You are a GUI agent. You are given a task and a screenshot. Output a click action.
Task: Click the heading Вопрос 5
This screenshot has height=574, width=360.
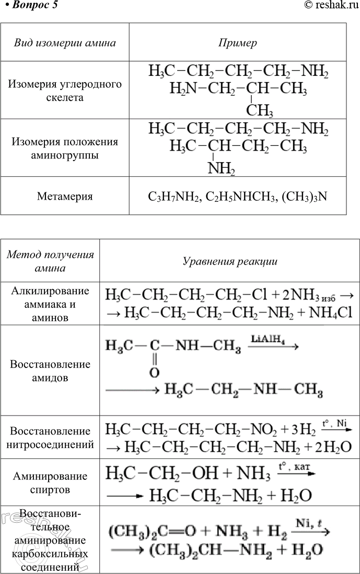[32, 5]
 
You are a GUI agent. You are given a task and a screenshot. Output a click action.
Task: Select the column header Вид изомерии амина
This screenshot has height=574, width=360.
[65, 43]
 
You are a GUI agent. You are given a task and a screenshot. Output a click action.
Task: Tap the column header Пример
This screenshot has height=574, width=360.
[237, 43]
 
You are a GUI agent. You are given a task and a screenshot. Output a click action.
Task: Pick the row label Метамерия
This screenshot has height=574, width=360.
[65, 196]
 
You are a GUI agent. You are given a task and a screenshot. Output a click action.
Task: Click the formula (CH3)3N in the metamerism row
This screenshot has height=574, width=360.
[305, 197]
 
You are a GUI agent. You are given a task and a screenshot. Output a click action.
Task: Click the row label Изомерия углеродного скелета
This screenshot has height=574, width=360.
[65, 90]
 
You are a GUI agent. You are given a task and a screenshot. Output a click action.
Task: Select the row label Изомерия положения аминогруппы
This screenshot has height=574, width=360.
[65, 148]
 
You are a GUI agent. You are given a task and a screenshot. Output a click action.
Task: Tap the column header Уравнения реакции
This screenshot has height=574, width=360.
[230, 261]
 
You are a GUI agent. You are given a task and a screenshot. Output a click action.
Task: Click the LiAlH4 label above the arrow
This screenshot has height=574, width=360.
[268, 339]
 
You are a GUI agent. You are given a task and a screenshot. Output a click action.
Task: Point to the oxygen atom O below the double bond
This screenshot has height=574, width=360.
[154, 373]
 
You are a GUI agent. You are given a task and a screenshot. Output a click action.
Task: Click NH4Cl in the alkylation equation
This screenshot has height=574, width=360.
[331, 312]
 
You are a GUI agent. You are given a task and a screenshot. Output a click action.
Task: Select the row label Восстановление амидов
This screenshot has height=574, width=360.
[50, 371]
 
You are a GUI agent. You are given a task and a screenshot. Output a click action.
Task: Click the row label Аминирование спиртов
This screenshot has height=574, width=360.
[50, 483]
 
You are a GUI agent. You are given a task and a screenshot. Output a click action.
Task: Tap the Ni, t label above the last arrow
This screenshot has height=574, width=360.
[308, 523]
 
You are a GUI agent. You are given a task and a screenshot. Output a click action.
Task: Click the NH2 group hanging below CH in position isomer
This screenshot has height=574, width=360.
[221, 168]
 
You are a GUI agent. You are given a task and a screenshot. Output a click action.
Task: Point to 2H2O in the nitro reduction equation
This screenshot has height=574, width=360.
[333, 447]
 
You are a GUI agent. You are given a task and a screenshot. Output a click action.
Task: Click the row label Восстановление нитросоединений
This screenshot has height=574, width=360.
[50, 438]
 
